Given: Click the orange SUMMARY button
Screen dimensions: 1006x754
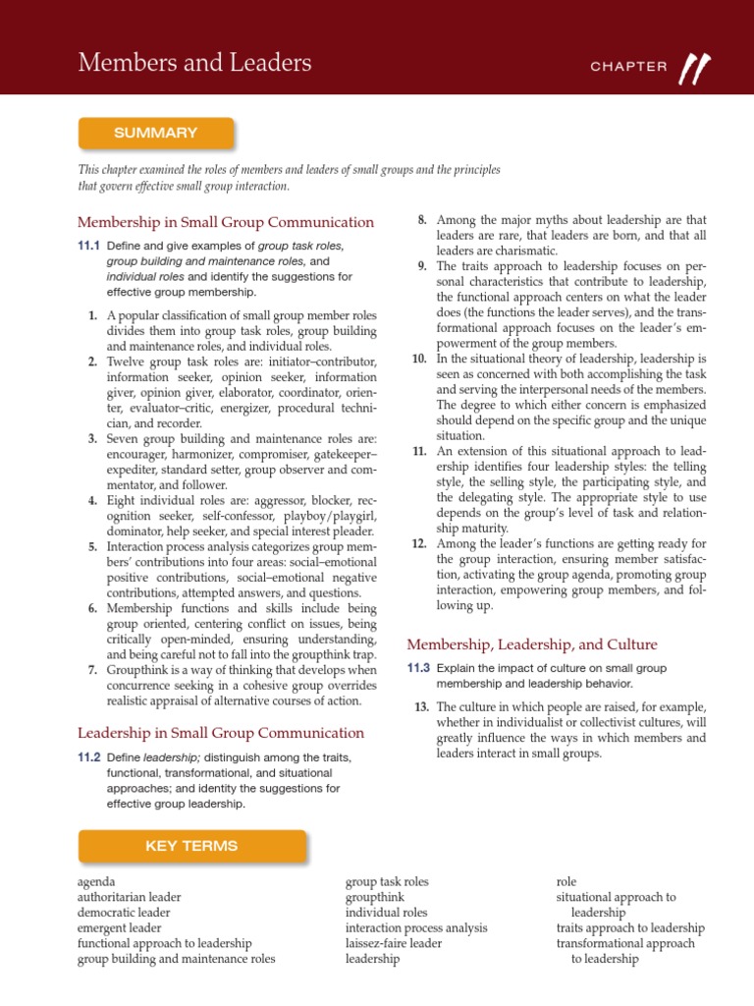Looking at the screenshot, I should click(155, 133).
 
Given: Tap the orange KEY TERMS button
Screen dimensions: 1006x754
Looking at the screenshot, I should click(191, 846).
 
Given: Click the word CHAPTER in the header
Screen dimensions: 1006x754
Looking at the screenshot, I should click(628, 67).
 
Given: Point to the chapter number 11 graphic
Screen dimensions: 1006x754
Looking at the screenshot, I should click(695, 66).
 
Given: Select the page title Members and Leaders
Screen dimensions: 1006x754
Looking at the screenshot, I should click(194, 64).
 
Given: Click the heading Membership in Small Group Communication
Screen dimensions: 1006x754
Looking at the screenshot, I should click(226, 222).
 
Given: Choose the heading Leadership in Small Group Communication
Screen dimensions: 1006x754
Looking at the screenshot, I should click(221, 733).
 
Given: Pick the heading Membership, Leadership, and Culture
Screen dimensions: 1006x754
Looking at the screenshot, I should click(532, 644).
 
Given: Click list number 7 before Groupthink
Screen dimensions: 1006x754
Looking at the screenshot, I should click(91, 669).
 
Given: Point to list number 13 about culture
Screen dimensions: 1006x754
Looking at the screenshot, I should click(422, 707).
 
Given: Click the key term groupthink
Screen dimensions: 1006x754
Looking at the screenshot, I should click(374, 897).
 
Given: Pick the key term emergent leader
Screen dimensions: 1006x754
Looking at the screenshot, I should click(120, 927).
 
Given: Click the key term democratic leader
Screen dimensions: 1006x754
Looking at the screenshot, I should click(124, 913).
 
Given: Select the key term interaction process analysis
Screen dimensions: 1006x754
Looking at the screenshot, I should click(416, 927).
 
